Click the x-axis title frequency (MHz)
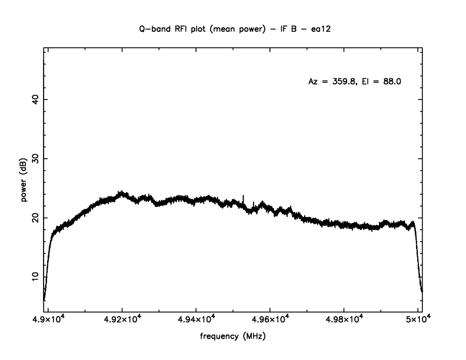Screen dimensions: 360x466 233,338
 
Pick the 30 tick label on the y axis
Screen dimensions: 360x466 34,159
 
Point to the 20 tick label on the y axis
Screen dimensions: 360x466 34,218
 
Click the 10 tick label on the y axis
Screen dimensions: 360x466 34,276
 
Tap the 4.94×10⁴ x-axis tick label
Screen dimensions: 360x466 196,319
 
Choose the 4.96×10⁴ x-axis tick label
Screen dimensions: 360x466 270,319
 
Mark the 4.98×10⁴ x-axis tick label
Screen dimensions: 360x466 344,319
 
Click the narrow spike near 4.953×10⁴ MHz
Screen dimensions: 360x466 244,196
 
